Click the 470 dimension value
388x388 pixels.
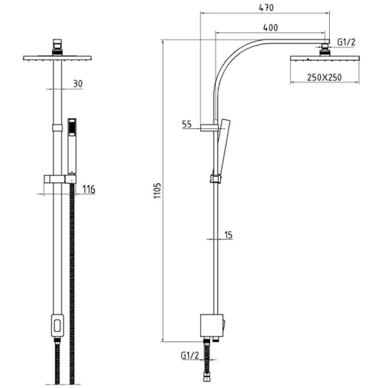(266, 7)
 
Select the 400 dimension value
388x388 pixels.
(270, 27)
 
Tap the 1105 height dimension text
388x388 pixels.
(157, 191)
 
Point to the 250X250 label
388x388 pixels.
(324, 78)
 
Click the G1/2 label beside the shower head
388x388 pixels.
(346, 42)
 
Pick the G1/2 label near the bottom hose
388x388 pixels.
(190, 356)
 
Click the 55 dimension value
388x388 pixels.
(187, 124)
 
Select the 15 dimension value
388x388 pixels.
(229, 235)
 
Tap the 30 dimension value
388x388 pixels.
(78, 84)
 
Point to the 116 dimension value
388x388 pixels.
(88, 189)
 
